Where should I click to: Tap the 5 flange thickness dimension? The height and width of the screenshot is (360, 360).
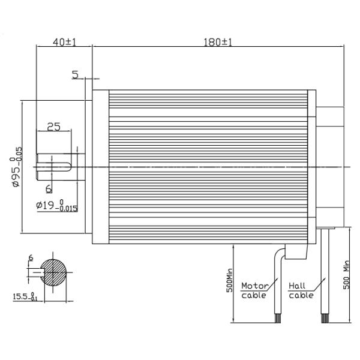point(75,74)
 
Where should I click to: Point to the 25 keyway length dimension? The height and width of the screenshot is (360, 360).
point(53,127)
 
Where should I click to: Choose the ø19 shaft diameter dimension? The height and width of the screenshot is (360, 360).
point(57,206)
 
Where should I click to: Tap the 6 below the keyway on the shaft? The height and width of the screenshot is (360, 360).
point(49,188)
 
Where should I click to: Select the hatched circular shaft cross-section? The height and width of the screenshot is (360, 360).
point(55,273)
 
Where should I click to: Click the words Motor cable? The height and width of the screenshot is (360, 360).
point(254,290)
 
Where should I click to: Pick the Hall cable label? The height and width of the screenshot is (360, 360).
point(301,290)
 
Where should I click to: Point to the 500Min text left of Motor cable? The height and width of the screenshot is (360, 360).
point(229,283)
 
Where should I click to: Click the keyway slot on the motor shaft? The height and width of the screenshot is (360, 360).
point(57,160)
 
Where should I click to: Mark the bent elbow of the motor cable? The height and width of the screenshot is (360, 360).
point(280,253)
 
